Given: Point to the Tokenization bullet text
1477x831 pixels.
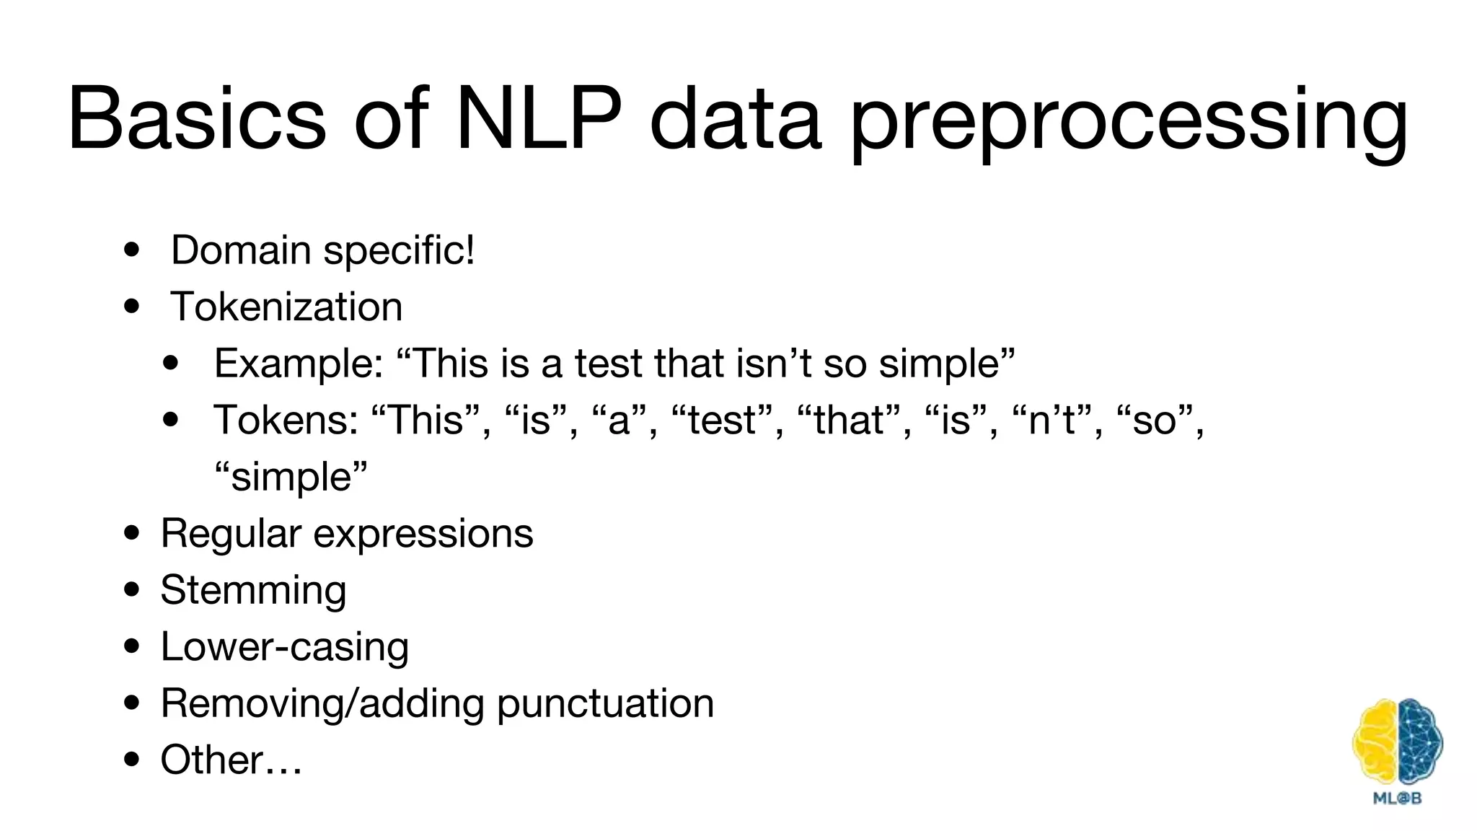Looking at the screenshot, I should pyautogui.click(x=286, y=307).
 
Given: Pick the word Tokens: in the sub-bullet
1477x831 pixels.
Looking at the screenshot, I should pyautogui.click(x=286, y=420).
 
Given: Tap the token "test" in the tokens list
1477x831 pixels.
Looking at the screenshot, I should pyautogui.click(x=723, y=420).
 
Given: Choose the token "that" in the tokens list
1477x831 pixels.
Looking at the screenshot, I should pyautogui.click(x=850, y=420).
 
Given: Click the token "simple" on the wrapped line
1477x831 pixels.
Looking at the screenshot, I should pyautogui.click(x=291, y=477).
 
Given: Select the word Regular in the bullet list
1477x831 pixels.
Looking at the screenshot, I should pyautogui.click(x=230, y=534).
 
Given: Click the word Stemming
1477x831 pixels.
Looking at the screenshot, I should pyautogui.click(x=253, y=590).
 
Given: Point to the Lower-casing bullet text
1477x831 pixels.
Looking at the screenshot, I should pyautogui.click(x=285, y=646).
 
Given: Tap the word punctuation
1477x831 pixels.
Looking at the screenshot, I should pyautogui.click(x=605, y=703).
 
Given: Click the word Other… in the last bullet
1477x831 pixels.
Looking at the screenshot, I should pyautogui.click(x=231, y=760).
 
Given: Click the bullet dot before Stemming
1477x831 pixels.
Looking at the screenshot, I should pyautogui.click(x=131, y=590).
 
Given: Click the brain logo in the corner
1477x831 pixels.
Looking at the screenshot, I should pyautogui.click(x=1397, y=742).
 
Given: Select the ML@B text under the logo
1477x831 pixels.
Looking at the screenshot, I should pyautogui.click(x=1397, y=799).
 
